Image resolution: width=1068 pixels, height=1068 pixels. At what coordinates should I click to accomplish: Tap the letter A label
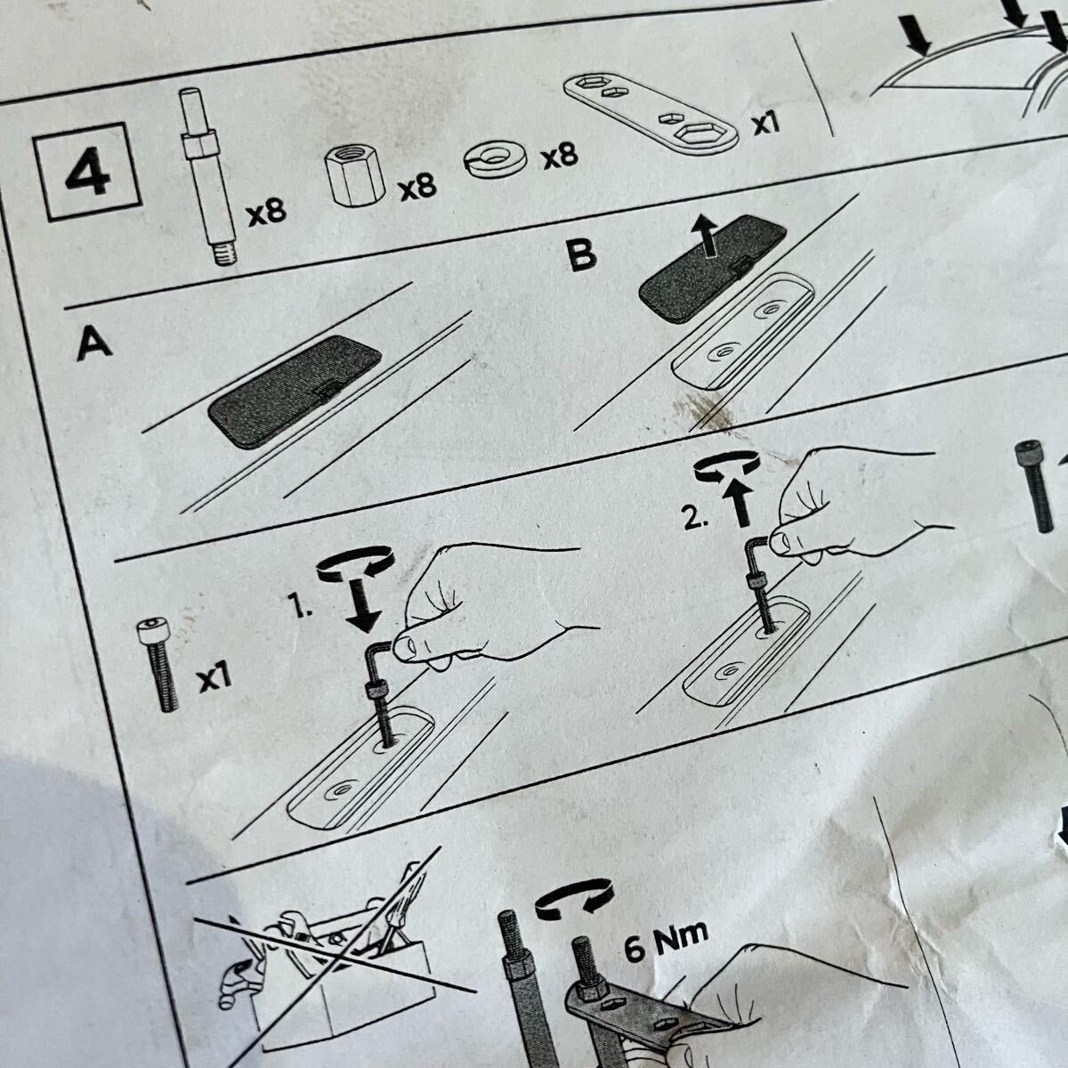pyautogui.click(x=94, y=343)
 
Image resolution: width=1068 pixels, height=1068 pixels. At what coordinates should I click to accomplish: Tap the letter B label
pyautogui.click(x=580, y=255)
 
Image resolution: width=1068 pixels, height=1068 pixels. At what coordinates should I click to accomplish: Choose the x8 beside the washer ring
pyautogui.click(x=561, y=156)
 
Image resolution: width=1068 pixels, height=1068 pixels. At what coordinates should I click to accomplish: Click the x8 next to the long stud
pyautogui.click(x=267, y=213)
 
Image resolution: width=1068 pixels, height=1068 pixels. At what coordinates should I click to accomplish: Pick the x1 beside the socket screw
pyautogui.click(x=214, y=679)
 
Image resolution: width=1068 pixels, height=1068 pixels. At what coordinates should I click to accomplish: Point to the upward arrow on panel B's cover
pyautogui.click(x=705, y=234)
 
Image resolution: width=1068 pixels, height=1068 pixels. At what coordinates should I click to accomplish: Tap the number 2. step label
pyautogui.click(x=696, y=518)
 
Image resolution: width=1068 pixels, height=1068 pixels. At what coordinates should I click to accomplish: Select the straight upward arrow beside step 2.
pyautogui.click(x=738, y=503)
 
